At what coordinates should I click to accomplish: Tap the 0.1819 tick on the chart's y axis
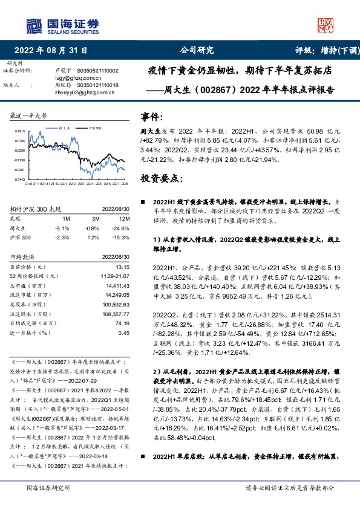pyautogui.click(x=19, y=131)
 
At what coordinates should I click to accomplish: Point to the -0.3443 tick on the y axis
pyautogui.click(x=19, y=180)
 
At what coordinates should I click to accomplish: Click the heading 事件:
pyautogui.click(x=152, y=116)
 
